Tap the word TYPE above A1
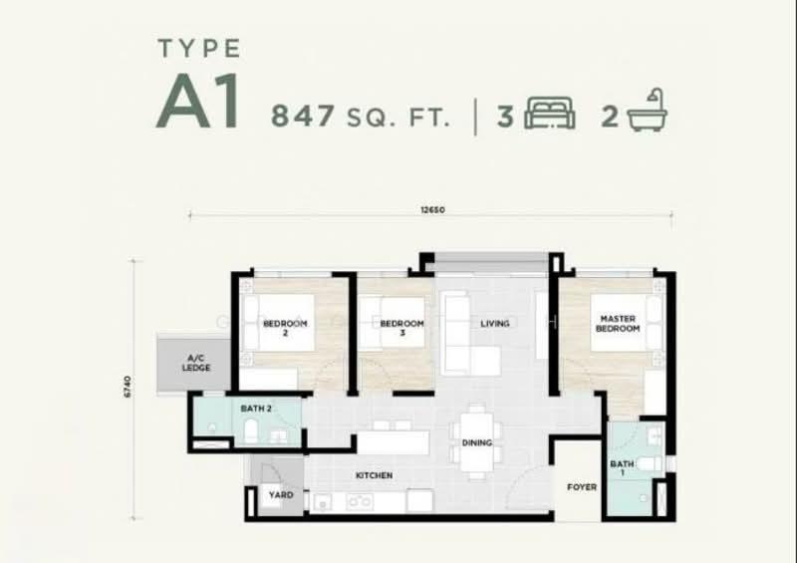click(198, 48)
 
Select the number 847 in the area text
click(303, 116)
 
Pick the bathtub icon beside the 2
click(647, 115)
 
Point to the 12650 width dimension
click(430, 209)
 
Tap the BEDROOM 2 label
click(285, 328)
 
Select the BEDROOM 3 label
click(401, 328)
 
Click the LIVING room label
click(494, 323)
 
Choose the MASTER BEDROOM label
click(617, 324)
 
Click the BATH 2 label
click(256, 408)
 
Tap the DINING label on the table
click(476, 443)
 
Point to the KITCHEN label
click(374, 475)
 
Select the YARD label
click(280, 494)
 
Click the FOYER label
click(581, 487)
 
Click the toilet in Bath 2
click(252, 431)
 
